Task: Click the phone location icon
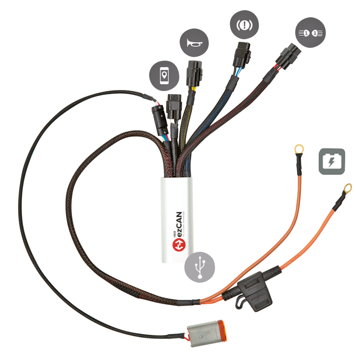[x=164, y=76]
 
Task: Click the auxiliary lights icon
[x=310, y=33]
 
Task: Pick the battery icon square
[x=331, y=161]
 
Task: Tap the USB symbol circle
[x=199, y=267]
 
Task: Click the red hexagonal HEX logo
[x=177, y=246]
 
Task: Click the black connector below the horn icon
[x=194, y=73]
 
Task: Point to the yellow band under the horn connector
[x=194, y=89]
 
